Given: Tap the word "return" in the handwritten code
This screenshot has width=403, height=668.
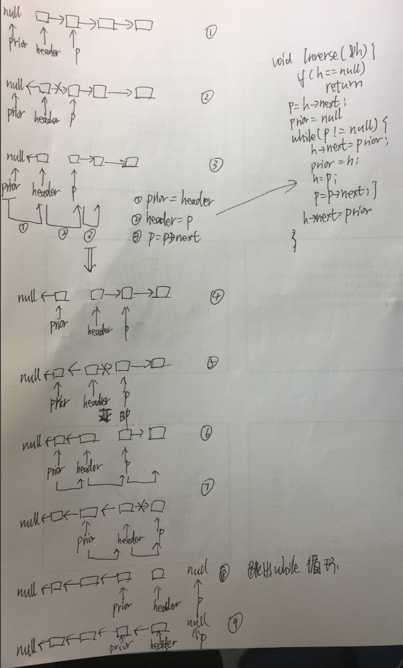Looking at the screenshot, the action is pos(344,85).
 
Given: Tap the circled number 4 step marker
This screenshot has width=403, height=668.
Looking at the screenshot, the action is pos(217,296).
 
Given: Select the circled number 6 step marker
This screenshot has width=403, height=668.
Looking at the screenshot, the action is pos(205,434).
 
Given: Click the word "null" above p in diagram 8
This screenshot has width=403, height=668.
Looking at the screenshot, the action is pos(197,571).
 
